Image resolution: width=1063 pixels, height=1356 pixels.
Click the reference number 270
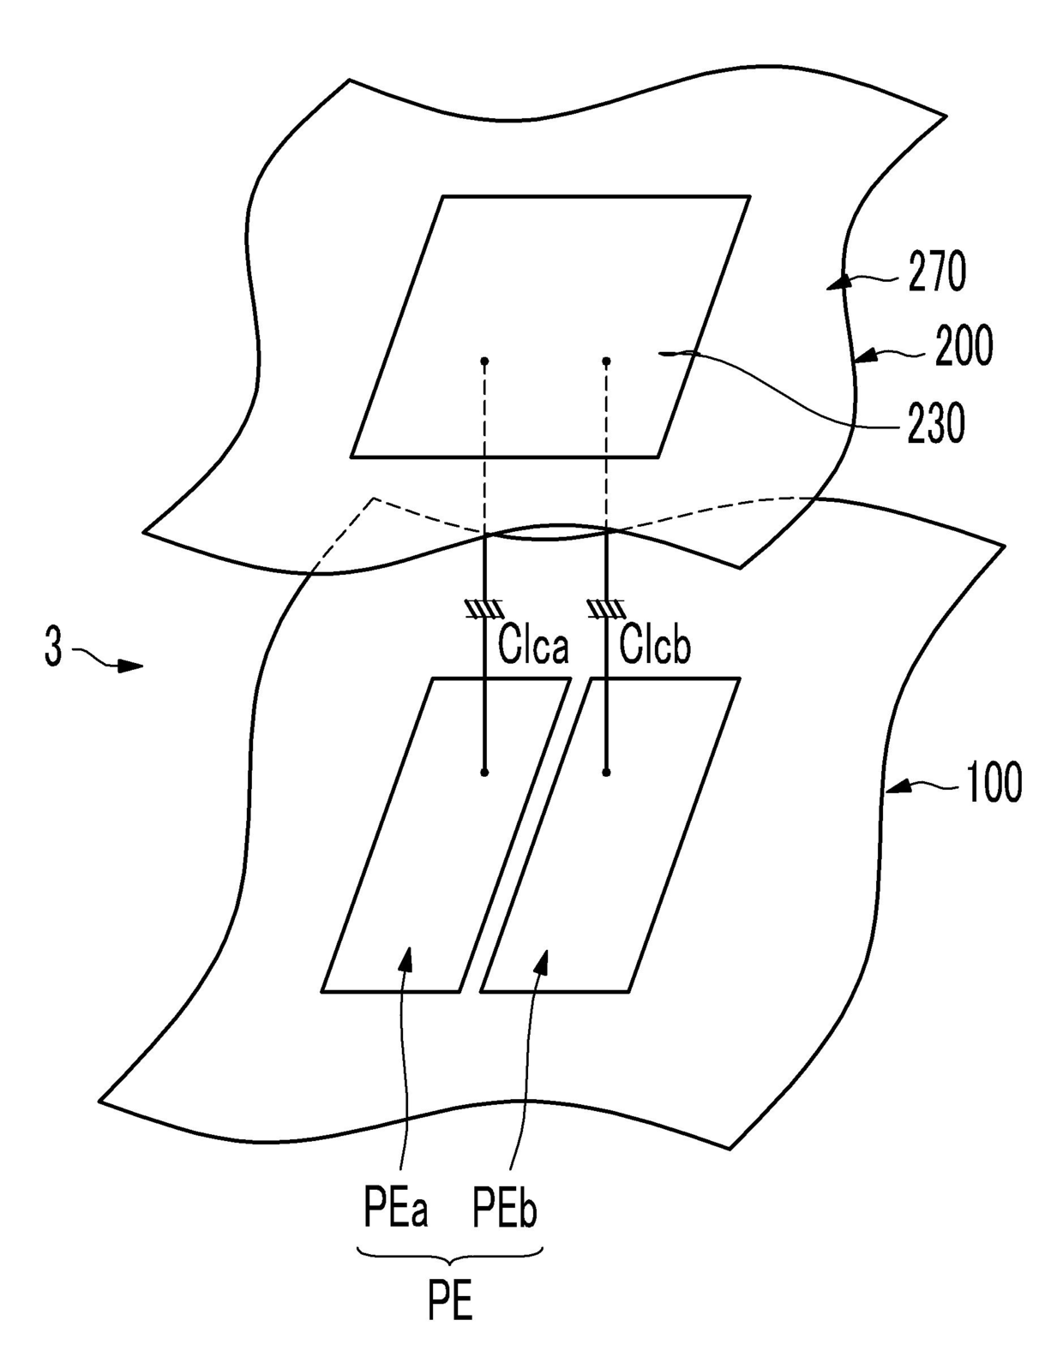pos(938,272)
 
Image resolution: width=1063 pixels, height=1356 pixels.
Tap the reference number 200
pos(964,346)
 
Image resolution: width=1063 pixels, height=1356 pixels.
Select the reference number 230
pos(936,423)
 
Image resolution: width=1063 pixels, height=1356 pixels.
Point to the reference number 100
pos(994,783)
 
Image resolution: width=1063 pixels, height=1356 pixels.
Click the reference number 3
pos(53,648)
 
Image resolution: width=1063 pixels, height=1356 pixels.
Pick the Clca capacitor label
pos(533,645)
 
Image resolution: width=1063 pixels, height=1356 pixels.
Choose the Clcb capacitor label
pos(655,645)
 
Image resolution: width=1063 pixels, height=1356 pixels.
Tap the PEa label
pos(395,1210)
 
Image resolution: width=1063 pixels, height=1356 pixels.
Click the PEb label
pos(505,1210)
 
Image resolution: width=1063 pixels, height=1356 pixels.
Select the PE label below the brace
pos(450,1303)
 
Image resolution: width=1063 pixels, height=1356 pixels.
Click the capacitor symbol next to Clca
pos(485,608)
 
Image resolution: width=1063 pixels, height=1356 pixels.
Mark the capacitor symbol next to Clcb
pos(607,608)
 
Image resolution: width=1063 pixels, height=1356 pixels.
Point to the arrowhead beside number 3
pos(130,665)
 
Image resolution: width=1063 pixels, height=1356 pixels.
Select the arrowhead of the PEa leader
pos(407,959)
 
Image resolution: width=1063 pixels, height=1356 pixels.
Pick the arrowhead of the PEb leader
pos(542,961)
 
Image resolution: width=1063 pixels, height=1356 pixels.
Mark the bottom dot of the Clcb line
pos(607,773)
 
